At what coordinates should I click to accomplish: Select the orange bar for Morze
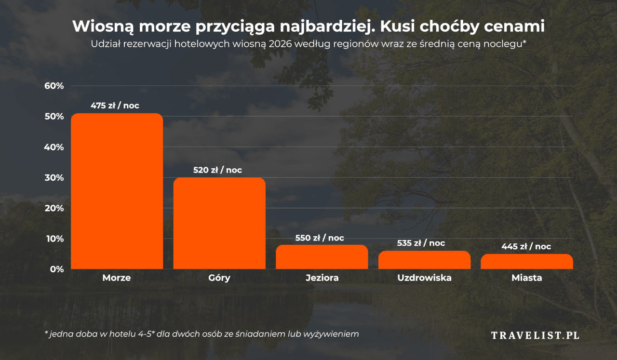pos(117,191)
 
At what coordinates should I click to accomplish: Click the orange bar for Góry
pos(219,223)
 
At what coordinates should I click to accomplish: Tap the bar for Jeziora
pos(322,257)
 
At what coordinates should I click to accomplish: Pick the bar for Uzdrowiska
pos(424,260)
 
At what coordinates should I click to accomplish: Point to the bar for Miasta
pos(526,261)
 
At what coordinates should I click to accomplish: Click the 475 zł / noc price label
pos(115,106)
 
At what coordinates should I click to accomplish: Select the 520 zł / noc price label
pos(217,170)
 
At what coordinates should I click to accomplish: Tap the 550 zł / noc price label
pos(320,238)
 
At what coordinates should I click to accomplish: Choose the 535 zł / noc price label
pos(421,243)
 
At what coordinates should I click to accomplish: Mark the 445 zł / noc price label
pos(526,246)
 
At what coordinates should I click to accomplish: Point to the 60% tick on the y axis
pos(54,86)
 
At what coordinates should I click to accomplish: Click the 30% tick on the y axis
pos(54,177)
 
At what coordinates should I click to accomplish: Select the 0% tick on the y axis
pos(56,269)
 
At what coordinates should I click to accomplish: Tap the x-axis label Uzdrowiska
pos(424,278)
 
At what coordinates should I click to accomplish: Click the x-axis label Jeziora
pos(322,278)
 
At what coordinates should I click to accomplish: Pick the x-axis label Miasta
pos(526,278)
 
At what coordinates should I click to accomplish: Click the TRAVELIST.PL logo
pos(535,335)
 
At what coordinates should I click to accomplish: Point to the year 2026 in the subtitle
pos(281,44)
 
